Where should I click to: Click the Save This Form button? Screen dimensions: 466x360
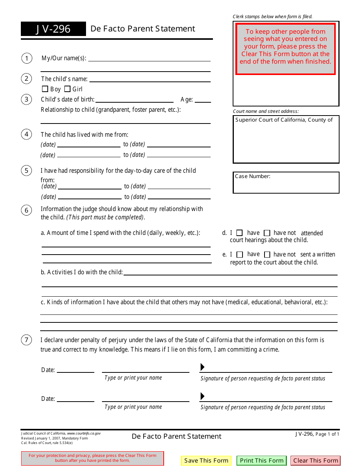[206, 461]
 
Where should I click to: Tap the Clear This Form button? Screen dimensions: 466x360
[316, 461]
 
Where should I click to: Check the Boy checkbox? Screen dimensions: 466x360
[45, 89]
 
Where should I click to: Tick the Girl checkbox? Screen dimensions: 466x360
[67, 89]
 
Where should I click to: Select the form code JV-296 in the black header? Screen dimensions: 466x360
[53, 29]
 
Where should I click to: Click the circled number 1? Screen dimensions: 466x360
[27, 58]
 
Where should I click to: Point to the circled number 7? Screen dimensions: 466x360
[27, 340]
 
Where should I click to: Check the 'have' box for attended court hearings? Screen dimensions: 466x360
[239, 233]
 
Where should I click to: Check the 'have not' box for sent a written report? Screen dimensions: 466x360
[267, 255]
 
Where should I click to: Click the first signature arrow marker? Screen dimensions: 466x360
[202, 367]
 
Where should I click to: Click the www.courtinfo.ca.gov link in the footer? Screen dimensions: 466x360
[84, 433]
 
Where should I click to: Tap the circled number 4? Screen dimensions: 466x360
[27, 134]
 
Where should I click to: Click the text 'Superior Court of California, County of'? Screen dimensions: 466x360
[284, 120]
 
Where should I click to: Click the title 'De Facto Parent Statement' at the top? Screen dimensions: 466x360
[143, 29]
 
